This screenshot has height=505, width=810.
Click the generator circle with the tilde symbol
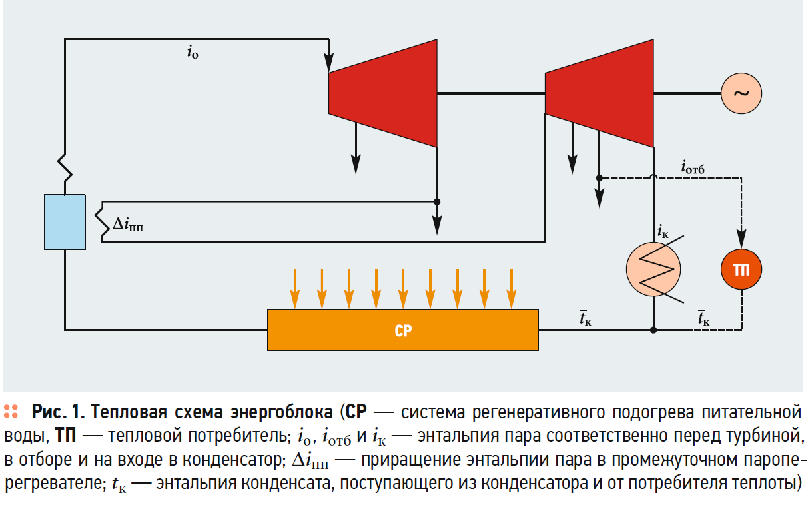point(741,93)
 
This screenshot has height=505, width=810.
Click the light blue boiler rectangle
point(65,222)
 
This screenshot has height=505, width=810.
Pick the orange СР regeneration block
point(403,330)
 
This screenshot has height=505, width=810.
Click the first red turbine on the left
point(383,93)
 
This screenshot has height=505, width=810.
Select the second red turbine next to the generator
point(599,93)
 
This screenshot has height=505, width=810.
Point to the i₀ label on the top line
point(193,53)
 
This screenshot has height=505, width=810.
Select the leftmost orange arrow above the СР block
point(294,289)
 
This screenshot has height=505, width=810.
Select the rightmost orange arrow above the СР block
point(511,289)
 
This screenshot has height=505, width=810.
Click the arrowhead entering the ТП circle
point(741,237)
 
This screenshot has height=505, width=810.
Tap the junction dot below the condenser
point(653,330)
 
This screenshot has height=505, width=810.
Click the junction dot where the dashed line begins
point(600,178)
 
